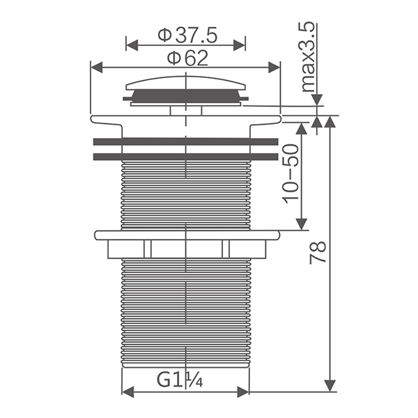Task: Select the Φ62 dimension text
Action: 185,57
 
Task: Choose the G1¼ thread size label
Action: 179,380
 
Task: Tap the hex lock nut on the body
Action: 186,245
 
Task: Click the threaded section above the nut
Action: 186,195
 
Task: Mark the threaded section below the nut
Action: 186,313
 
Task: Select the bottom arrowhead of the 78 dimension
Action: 331,385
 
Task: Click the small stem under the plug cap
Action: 186,109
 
